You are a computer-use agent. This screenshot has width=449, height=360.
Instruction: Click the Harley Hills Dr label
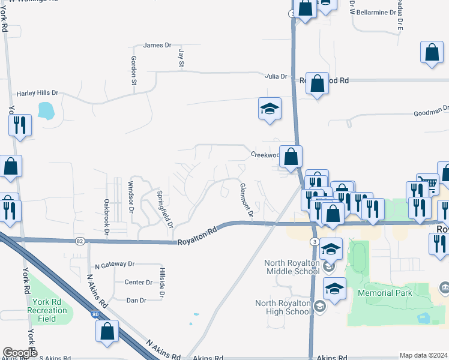[x=37, y=93]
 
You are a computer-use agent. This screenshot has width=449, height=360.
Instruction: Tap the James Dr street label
[x=157, y=45]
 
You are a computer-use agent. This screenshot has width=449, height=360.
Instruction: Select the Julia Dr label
[x=276, y=77]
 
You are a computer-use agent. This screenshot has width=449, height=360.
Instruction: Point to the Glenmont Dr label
[x=245, y=199]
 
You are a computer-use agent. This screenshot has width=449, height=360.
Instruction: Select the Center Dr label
[x=138, y=282]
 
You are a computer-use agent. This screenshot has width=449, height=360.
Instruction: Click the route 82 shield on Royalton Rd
[x=80, y=241]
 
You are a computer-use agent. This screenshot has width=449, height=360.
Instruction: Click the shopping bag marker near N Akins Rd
[x=107, y=331]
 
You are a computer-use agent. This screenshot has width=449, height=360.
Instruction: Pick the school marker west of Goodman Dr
[x=270, y=109]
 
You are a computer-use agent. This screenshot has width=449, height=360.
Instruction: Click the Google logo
[x=20, y=353]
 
